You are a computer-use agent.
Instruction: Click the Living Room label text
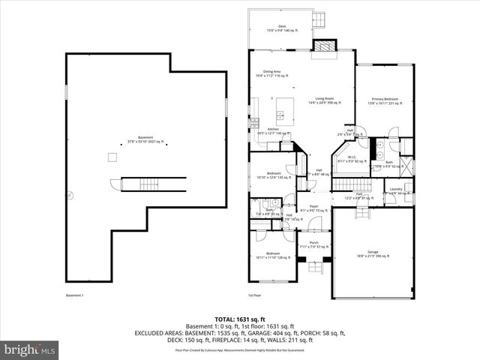click(x=325, y=100)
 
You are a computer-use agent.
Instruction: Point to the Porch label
click(x=314, y=244)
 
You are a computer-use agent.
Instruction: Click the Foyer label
click(x=313, y=208)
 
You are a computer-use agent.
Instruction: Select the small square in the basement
click(x=112, y=156)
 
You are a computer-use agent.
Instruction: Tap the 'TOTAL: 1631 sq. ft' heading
click(x=239, y=318)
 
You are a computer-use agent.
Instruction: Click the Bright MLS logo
click(x=28, y=349)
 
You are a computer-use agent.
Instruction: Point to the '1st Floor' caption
click(x=255, y=295)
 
